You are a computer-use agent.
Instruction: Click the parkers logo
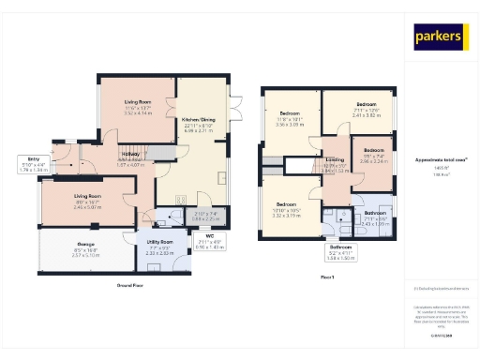click(x=440, y=37)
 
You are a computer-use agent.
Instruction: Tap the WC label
click(x=196, y=235)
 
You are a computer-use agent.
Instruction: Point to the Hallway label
click(x=129, y=154)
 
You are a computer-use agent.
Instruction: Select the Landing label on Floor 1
click(x=335, y=160)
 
